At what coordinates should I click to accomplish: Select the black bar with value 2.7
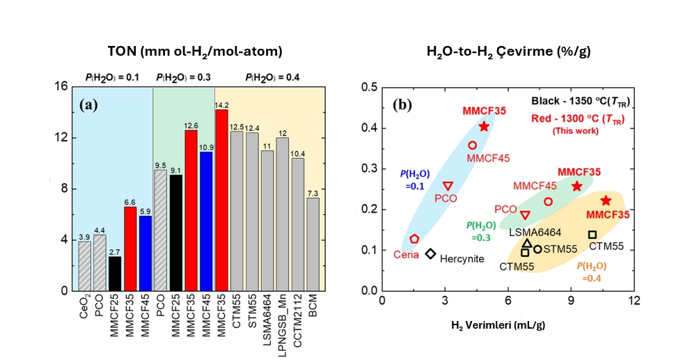point(115,273)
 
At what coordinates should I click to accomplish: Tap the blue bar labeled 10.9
point(206,221)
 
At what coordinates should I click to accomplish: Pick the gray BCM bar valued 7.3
point(313,244)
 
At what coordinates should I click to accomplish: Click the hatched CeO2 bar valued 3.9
point(84,265)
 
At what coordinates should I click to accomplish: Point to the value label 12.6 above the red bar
point(191,125)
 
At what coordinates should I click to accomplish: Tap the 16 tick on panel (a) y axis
point(61,86)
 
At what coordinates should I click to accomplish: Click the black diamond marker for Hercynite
point(431,254)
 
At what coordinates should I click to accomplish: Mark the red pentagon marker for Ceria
point(414,239)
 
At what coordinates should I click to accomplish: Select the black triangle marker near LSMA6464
point(527,244)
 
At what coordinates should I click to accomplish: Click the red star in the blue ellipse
point(484,126)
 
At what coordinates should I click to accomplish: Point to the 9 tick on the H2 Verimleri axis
point(571,301)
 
